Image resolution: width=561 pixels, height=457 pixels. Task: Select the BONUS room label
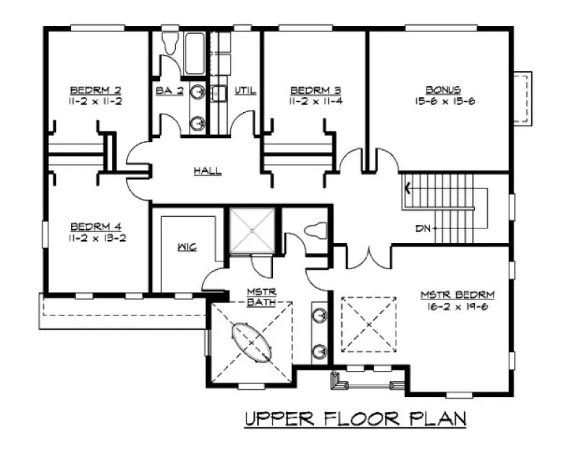coord(442,90)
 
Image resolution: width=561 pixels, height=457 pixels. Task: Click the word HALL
coord(207,171)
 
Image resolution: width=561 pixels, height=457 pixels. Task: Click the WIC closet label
coord(187,246)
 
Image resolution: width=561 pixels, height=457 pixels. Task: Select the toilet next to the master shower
coord(316,232)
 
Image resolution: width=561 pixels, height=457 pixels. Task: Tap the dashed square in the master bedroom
coord(370,323)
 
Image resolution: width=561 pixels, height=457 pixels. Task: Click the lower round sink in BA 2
coord(198,123)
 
